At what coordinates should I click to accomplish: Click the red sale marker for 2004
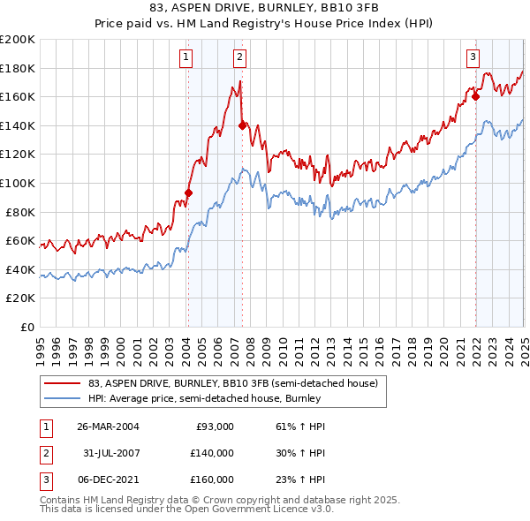(188, 193)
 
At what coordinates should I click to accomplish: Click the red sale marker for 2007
(242, 125)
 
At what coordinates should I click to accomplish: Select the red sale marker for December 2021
(475, 96)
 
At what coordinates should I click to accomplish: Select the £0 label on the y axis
(26, 327)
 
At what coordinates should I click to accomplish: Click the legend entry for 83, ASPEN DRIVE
(233, 383)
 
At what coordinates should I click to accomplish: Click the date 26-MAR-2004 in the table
(108, 427)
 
